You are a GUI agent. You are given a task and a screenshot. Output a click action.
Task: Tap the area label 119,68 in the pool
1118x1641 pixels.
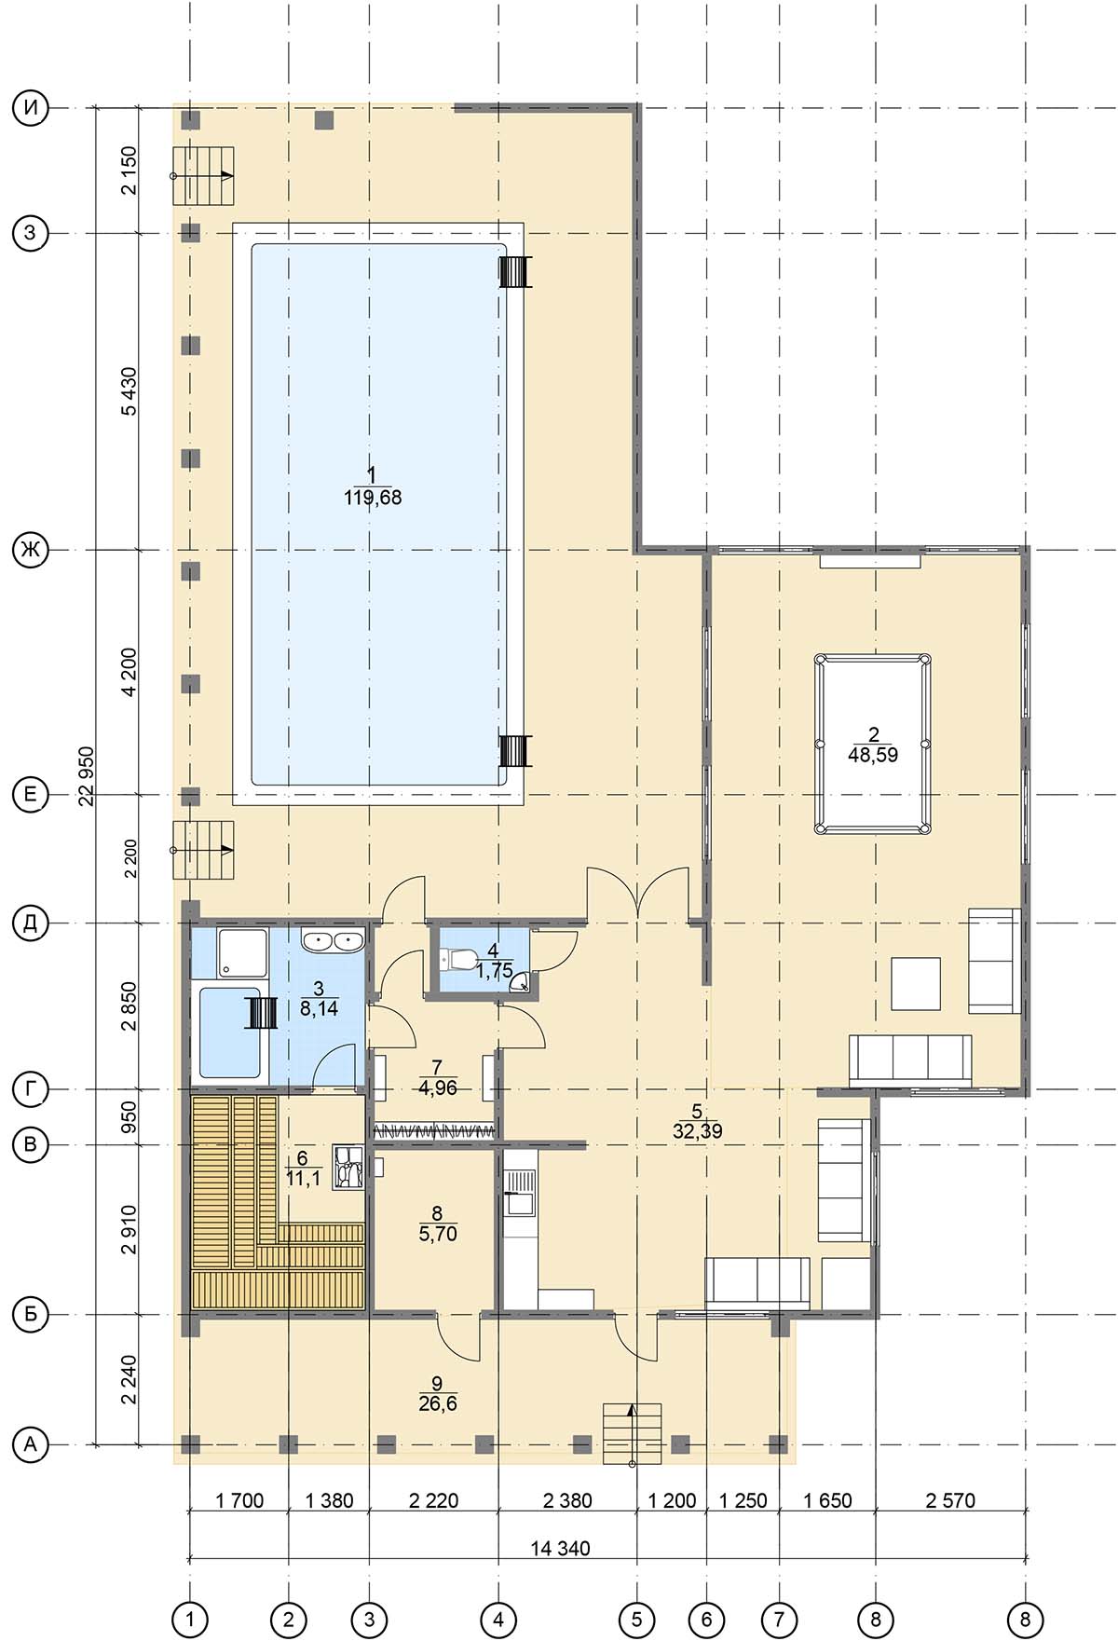point(373,498)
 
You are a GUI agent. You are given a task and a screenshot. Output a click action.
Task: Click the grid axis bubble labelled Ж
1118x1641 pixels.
point(31,551)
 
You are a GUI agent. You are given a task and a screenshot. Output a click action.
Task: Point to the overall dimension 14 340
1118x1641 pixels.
point(561,1548)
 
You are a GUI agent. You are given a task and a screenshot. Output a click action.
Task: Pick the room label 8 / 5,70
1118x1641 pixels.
point(438,1224)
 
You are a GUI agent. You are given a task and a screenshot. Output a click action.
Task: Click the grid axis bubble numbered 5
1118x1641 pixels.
point(637,1619)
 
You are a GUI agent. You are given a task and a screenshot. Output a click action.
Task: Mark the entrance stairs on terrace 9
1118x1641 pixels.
point(632,1432)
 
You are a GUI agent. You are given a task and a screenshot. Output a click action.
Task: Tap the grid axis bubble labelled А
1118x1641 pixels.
point(31,1444)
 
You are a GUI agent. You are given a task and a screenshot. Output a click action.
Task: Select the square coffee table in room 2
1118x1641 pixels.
point(916,983)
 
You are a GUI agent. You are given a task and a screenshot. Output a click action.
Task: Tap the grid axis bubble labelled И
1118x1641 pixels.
point(31,109)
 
